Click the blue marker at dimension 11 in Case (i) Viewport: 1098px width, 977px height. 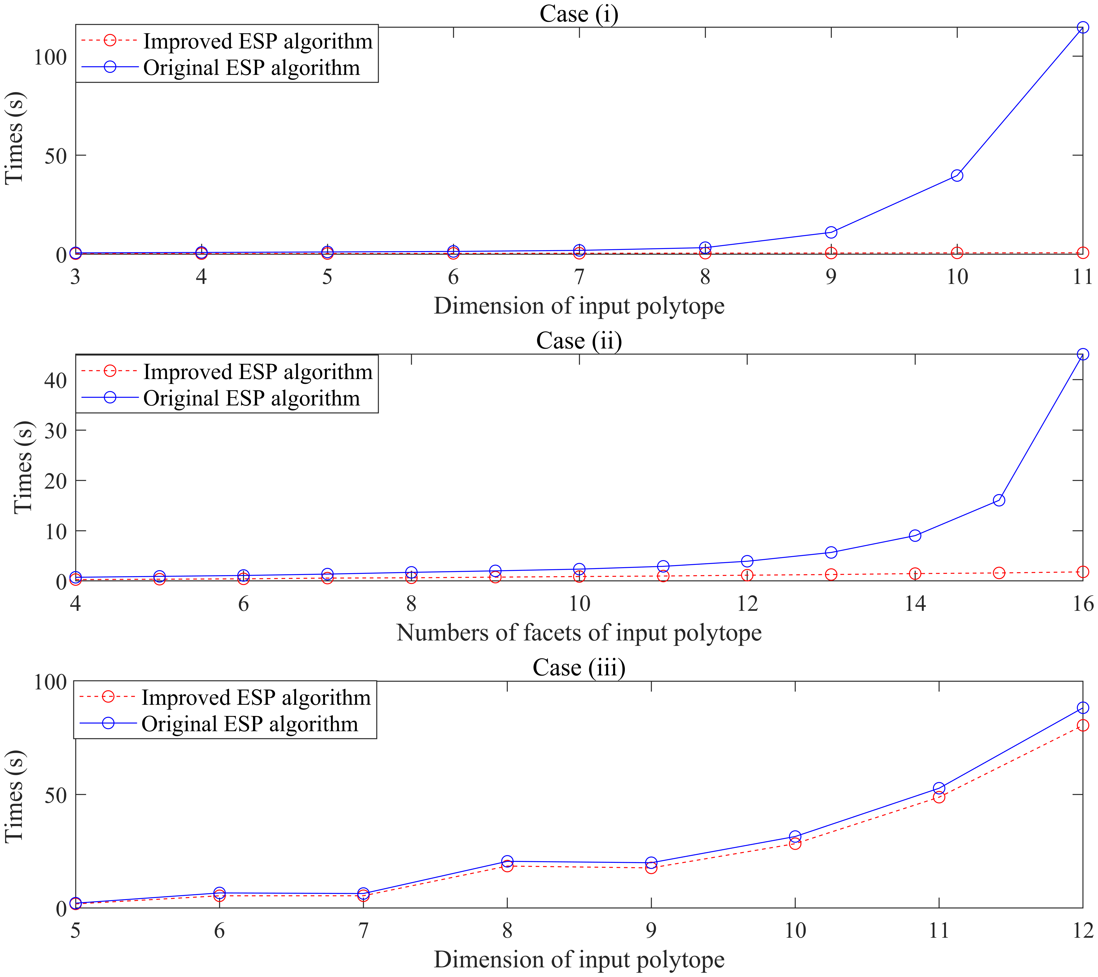pyautogui.click(x=1082, y=27)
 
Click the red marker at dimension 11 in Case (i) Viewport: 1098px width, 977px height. pyautogui.click(x=1082, y=252)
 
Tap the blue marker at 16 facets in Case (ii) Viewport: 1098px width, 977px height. pyautogui.click(x=1082, y=354)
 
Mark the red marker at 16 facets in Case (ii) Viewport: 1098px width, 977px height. pyautogui.click(x=1082, y=572)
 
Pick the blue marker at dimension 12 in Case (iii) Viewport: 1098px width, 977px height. pyautogui.click(x=1082, y=708)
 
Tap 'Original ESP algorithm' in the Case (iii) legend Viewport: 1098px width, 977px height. pyautogui.click(x=250, y=724)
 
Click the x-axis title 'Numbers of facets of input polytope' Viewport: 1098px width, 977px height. pyautogui.click(x=579, y=633)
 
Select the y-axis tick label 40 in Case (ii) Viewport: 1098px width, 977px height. pyautogui.click(x=55, y=380)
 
